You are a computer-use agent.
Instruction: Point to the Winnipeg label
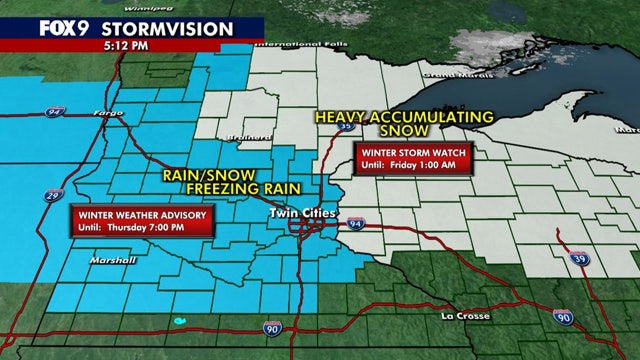[188, 3]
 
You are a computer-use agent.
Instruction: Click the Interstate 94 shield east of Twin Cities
[359, 224]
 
